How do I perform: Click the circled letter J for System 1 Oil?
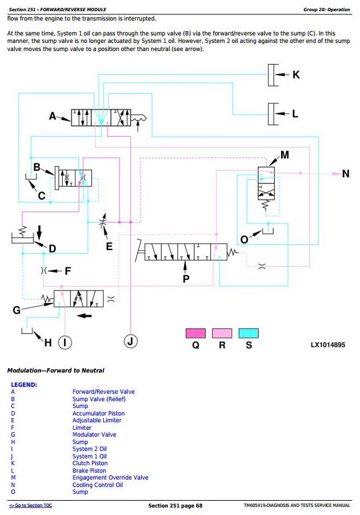[131, 341]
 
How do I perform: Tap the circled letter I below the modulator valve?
[65, 342]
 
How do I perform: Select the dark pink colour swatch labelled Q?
[195, 333]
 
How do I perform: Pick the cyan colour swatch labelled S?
[248, 333]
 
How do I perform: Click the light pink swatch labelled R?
[222, 333]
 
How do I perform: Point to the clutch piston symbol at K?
[272, 75]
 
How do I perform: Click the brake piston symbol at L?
[272, 114]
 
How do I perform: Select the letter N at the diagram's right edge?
[346, 174]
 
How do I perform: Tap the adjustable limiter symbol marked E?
[103, 223]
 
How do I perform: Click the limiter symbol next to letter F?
[44, 271]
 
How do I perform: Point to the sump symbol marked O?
[268, 231]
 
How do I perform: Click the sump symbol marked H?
[27, 330]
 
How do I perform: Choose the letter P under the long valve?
[186, 279]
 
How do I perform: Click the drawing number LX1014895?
[328, 345]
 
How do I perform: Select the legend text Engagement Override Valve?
[111, 477]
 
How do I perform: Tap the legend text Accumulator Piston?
[98, 413]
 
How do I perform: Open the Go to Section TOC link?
[30, 505]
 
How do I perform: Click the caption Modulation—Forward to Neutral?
[55, 371]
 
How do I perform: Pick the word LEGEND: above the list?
[24, 384]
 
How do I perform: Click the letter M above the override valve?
[284, 155]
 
